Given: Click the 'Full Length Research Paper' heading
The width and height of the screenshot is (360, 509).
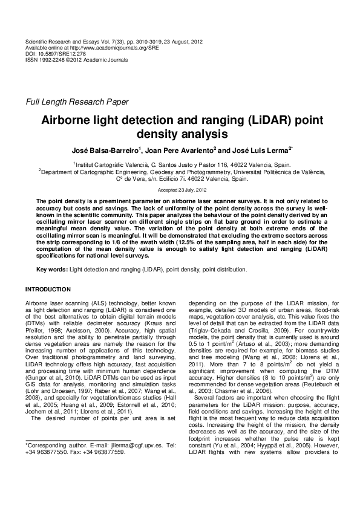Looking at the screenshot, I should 74,102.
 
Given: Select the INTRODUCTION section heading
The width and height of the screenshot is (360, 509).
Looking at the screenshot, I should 48,290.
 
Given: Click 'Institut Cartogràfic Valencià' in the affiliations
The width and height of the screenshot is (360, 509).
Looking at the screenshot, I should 105,164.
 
